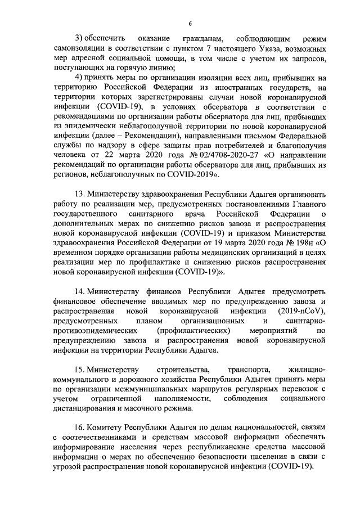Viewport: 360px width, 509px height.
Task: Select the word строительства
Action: click(x=182, y=369)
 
